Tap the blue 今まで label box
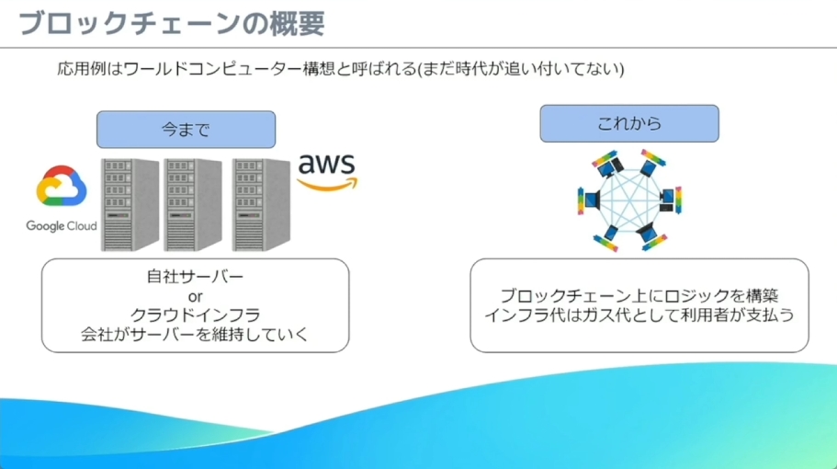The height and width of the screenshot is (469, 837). [186, 130]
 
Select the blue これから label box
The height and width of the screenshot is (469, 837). [628, 123]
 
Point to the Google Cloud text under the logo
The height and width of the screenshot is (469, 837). [62, 226]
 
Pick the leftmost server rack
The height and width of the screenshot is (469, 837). [130, 205]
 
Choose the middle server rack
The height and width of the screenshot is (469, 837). [192, 205]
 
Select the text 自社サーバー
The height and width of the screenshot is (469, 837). [195, 277]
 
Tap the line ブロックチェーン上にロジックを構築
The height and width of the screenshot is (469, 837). [639, 296]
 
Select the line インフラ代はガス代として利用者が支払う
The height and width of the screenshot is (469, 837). [639, 315]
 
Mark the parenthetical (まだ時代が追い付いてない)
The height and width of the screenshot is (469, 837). [520, 70]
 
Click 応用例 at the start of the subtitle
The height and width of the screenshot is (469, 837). [75, 70]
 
